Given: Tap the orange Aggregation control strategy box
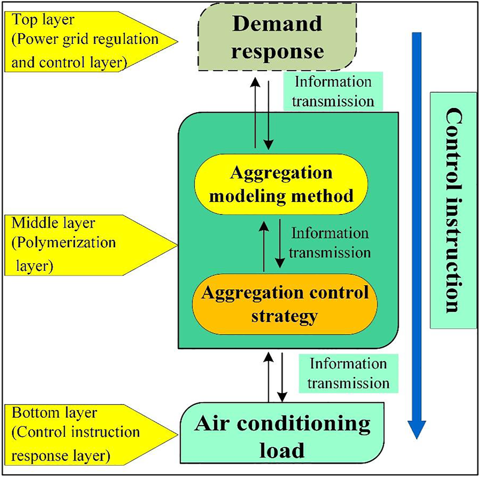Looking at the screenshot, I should pos(285,304).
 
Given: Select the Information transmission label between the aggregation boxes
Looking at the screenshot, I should pos(331,243).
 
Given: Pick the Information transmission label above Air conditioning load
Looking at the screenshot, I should pos(348,373).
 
